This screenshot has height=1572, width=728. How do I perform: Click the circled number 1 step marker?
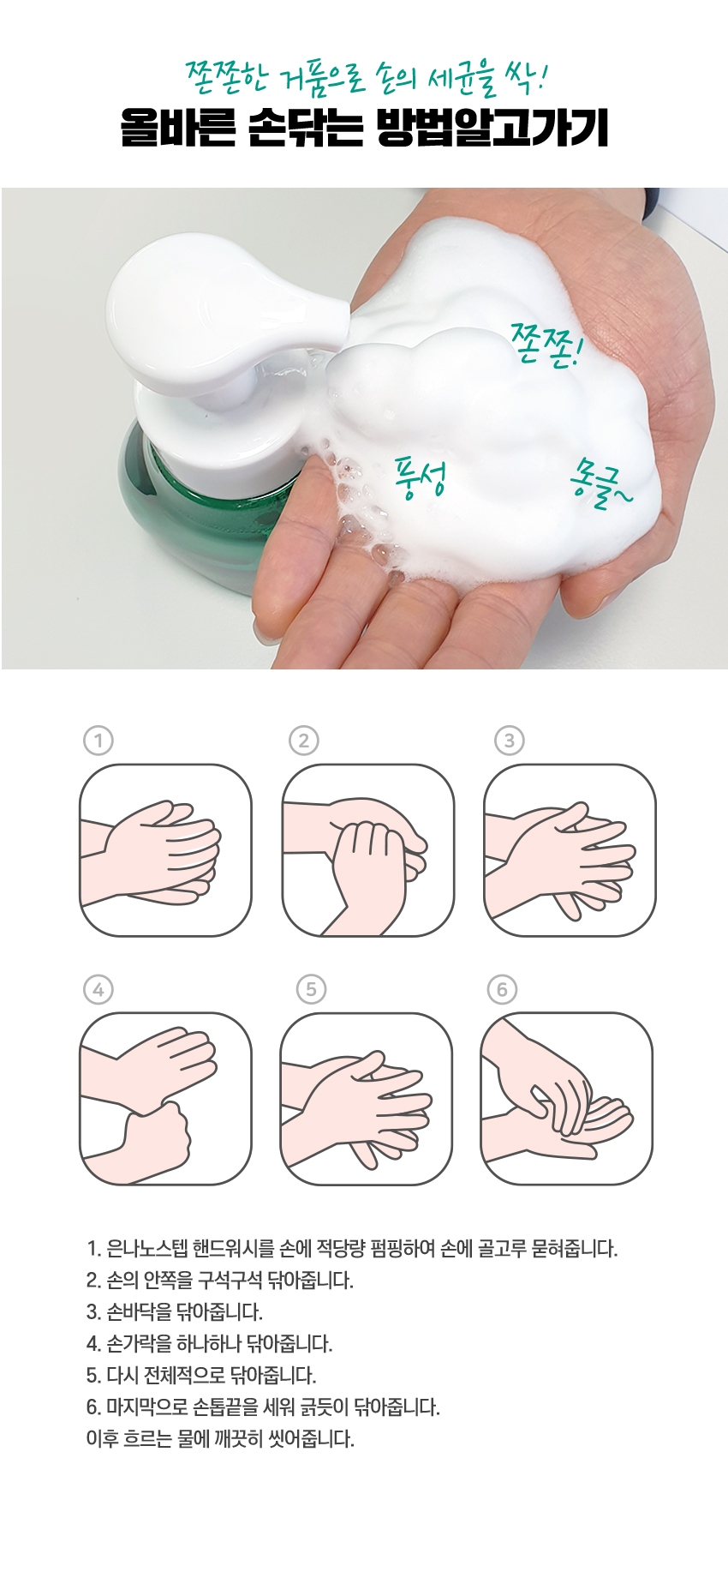[98, 741]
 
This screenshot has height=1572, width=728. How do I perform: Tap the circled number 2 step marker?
[304, 741]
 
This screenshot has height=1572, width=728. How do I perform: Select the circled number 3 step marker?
[510, 741]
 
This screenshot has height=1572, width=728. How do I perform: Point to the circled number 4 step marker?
[98, 990]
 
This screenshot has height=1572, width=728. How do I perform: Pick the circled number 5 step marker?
[311, 989]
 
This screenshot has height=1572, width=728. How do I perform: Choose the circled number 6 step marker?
[503, 990]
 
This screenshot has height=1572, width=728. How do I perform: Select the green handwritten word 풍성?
[420, 477]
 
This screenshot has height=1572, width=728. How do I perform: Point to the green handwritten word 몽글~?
[600, 483]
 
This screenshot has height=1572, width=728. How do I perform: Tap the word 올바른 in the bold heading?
[177, 128]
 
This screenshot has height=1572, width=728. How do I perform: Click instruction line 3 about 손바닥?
[174, 1311]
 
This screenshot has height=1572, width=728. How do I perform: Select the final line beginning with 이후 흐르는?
[220, 1438]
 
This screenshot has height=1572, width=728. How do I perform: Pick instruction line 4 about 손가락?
[209, 1343]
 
